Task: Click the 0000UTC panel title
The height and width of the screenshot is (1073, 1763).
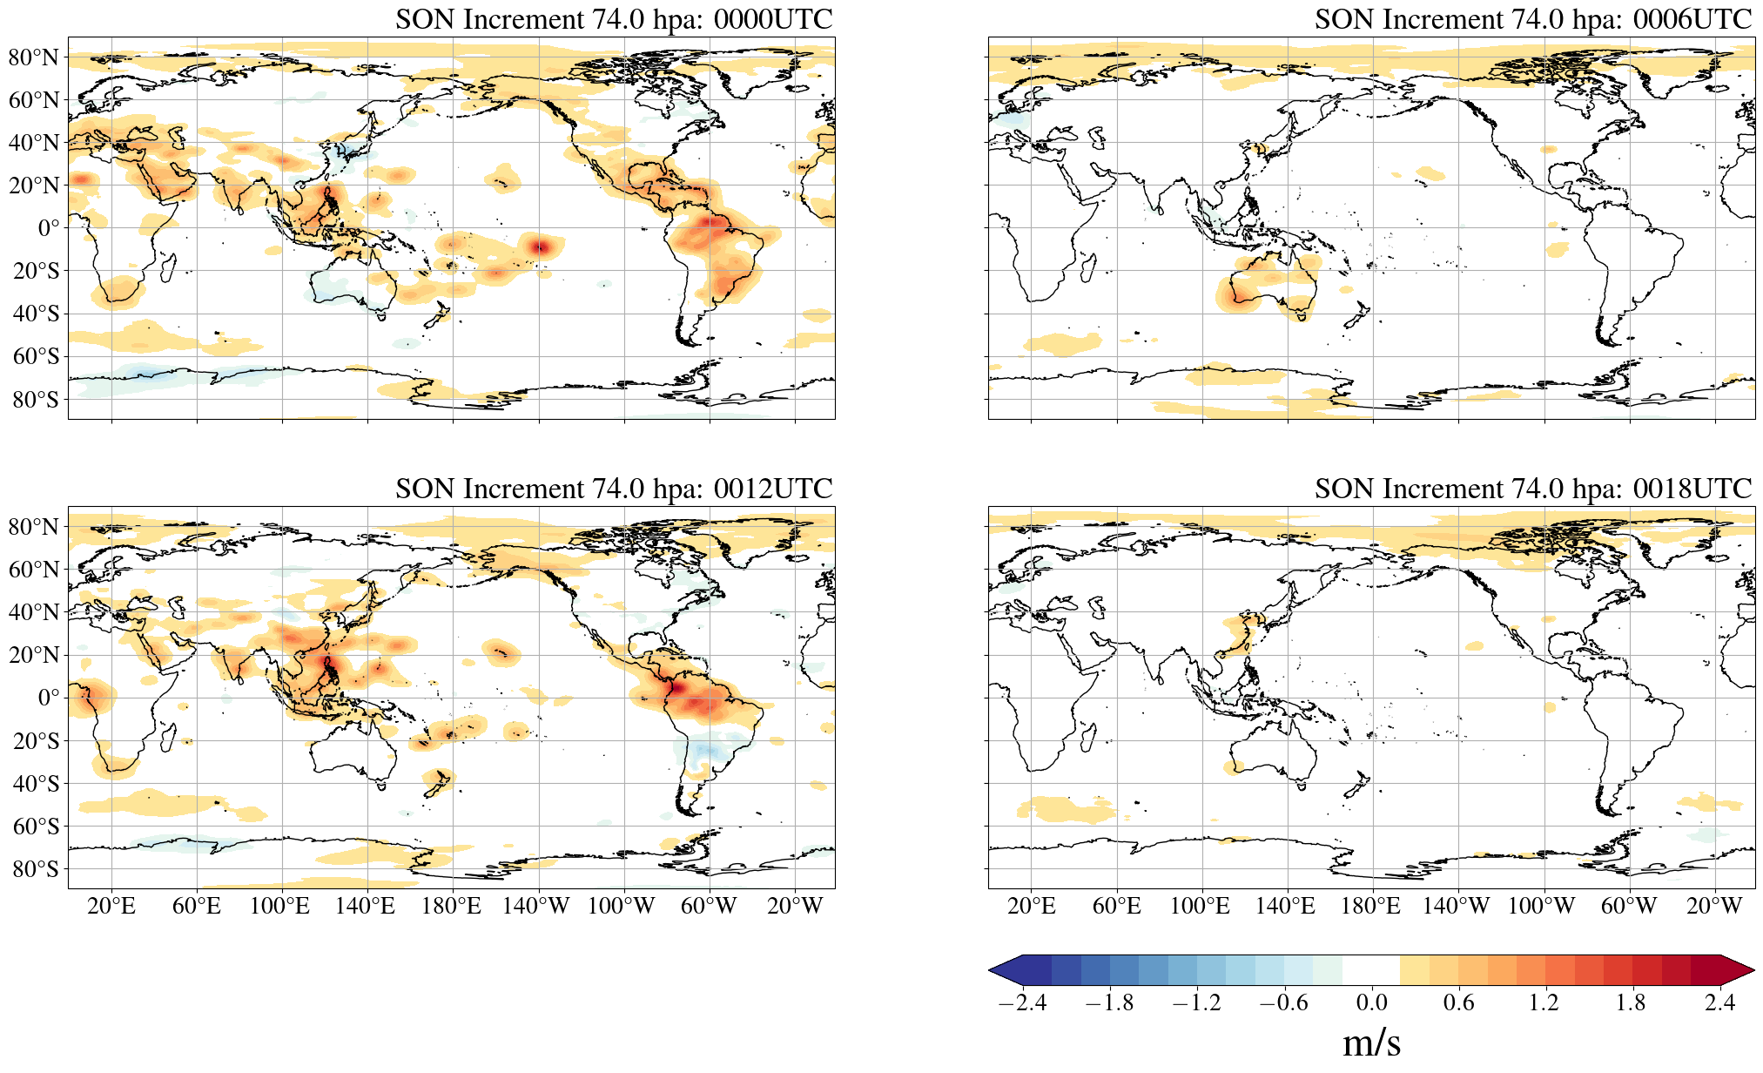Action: [614, 19]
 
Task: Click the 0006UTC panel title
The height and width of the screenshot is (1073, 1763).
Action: [1533, 19]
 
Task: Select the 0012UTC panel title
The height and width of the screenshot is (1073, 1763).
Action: [614, 489]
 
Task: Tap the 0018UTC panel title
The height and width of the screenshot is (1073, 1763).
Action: [1533, 489]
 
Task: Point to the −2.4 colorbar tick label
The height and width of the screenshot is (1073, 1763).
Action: [1022, 1002]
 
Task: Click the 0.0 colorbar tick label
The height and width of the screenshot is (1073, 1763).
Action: [1371, 1002]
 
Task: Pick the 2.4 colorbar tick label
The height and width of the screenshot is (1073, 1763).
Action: [1719, 1002]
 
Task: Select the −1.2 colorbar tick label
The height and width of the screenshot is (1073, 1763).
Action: [1196, 1002]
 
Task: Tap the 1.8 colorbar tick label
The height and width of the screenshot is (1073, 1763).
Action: [1631, 1002]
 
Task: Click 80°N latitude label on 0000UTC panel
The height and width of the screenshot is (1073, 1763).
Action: [34, 57]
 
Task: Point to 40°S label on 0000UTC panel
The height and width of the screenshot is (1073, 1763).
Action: [36, 314]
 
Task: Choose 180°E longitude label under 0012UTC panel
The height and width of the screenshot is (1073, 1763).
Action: [451, 907]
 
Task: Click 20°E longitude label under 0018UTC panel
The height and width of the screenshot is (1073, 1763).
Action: [1031, 907]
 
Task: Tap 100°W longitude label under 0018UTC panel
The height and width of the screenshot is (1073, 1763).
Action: [1541, 907]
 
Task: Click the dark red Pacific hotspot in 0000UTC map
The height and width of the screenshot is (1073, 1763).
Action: [540, 246]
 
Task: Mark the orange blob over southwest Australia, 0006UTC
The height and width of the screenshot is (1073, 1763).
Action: [1235, 299]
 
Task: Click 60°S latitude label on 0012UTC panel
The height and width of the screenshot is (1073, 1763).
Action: [36, 826]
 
